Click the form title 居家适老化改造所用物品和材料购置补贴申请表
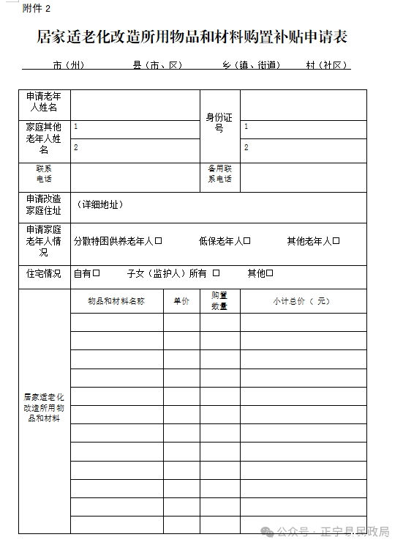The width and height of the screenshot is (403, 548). coord(192,37)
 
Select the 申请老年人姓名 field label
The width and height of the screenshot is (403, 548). coord(44,103)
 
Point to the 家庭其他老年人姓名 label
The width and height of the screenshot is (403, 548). coord(44,138)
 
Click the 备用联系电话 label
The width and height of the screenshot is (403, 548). coord(219,174)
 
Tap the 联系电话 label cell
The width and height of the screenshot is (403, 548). coord(44,174)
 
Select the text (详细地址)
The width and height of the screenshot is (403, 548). coord(99,205)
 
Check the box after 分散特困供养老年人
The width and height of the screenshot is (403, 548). coord(158,241)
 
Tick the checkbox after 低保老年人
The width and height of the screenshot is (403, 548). coord(247,241)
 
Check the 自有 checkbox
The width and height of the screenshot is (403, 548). coord(96,274)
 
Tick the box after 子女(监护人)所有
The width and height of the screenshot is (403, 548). coord(216,274)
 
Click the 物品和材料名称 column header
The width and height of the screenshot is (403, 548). coord(116,301)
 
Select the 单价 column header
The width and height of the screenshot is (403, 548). coord(181,301)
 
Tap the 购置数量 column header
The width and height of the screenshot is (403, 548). coord(219,301)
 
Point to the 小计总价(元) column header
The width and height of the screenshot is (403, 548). coord(302,301)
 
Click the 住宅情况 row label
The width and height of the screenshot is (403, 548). coord(44,274)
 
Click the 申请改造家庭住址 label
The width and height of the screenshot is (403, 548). coord(44,205)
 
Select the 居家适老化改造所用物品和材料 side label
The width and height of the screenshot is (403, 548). coord(44,407)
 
